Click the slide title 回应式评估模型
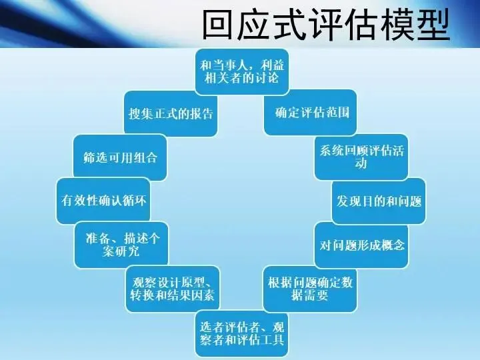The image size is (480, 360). pos(325,25)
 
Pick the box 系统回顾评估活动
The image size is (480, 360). pos(360,157)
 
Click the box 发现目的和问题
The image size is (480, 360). pos(379,201)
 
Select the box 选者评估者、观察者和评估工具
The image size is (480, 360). pos(242,333)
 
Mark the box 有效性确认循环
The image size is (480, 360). pos(101,201)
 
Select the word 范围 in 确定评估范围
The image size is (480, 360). pos(338,113)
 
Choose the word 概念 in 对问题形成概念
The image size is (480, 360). pos(393,245)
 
